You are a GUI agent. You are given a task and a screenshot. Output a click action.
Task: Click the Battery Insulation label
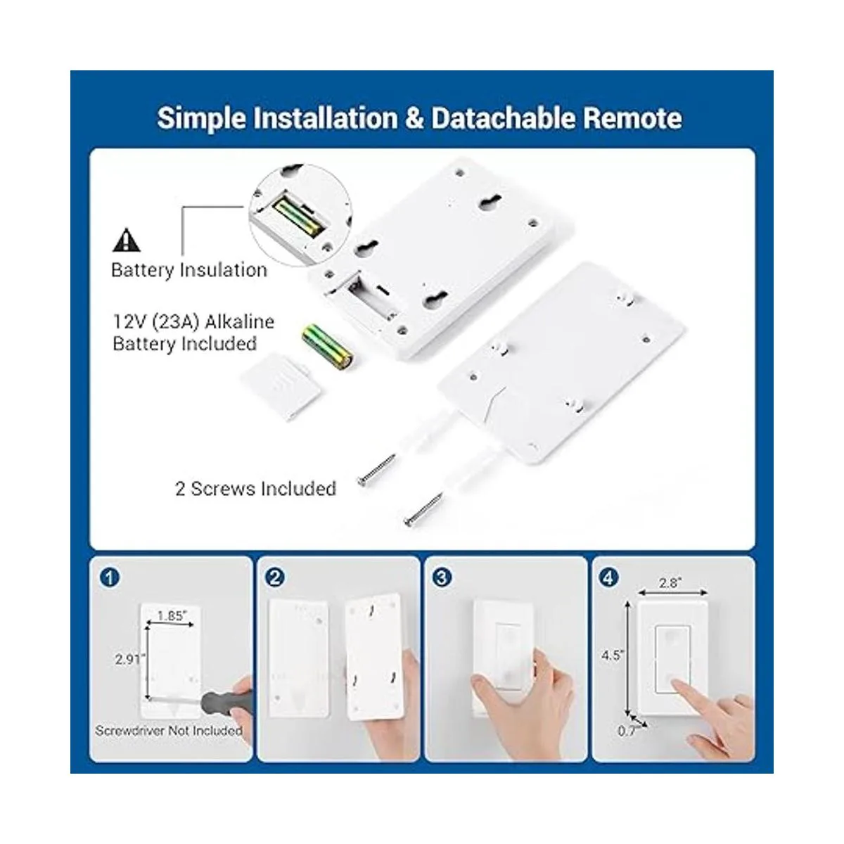(188, 270)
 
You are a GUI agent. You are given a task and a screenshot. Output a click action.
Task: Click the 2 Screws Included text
(255, 488)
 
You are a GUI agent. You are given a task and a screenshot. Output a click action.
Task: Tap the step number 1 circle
(110, 578)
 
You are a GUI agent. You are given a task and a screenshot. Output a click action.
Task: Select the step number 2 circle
(275, 578)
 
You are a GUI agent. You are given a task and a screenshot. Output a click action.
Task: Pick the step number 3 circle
(442, 578)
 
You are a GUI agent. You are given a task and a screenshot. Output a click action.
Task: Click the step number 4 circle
(609, 578)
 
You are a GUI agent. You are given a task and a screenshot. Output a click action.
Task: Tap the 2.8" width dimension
(670, 582)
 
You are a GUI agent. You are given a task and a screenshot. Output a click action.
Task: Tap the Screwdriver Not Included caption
(169, 730)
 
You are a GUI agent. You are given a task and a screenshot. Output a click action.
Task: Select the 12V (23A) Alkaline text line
(193, 322)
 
